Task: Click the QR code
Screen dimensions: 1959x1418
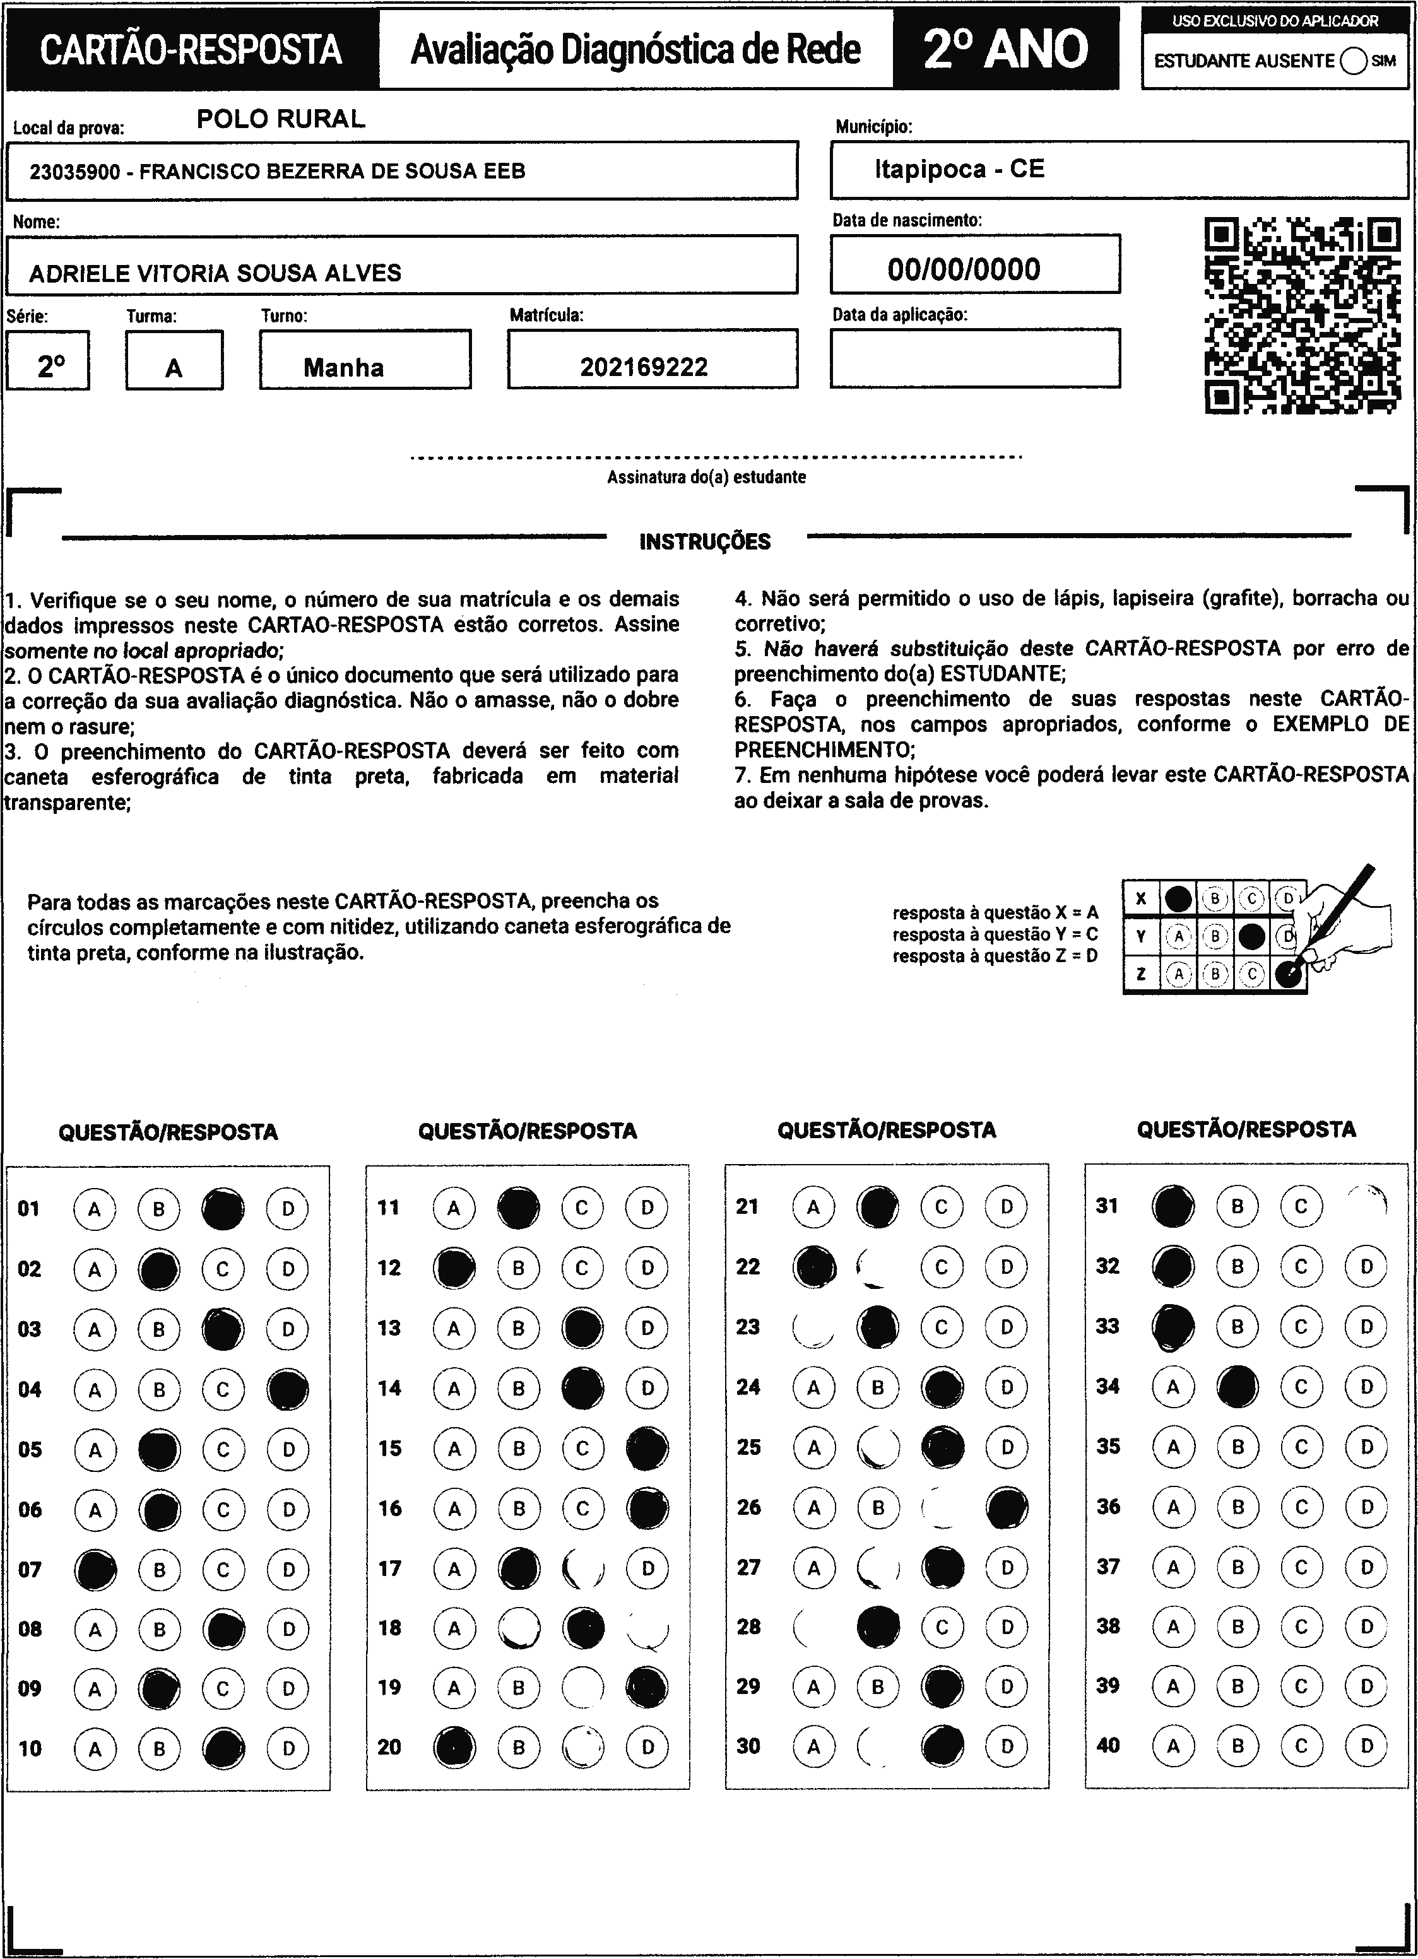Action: click(1303, 316)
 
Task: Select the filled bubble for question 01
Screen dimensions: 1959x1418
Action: click(223, 1208)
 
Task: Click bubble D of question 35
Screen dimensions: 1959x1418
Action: click(1366, 1447)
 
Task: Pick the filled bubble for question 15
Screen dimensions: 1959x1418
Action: click(646, 1449)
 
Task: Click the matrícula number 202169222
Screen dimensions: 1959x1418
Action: click(644, 368)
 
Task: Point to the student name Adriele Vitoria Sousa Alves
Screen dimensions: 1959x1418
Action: click(215, 274)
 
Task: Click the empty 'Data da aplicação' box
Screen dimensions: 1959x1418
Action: click(975, 358)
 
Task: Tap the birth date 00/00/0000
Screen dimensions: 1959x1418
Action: click(964, 269)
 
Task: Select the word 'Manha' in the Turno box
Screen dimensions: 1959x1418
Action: click(344, 368)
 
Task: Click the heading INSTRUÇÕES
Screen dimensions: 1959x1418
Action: click(705, 543)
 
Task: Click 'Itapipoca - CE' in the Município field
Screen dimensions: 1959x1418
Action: click(959, 168)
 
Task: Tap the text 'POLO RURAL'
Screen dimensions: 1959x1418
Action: click(281, 119)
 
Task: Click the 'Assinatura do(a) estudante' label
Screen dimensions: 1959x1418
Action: click(706, 477)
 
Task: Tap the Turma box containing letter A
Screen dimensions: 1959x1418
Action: click(174, 360)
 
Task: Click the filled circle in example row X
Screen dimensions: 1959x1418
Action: click(1178, 899)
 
